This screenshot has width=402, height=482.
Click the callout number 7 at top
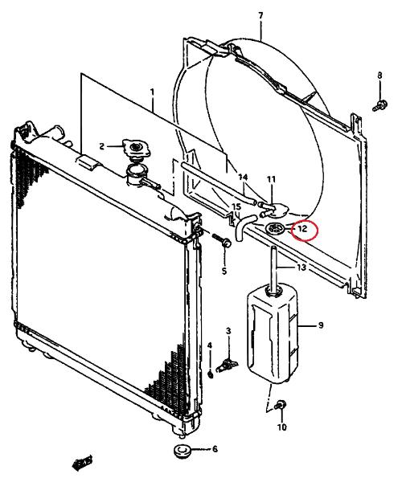click(260, 15)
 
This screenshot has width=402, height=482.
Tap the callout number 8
click(379, 75)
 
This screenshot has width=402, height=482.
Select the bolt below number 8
click(379, 104)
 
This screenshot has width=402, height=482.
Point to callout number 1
click(152, 92)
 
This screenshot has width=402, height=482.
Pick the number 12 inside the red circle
click(302, 228)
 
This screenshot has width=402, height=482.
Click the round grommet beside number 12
click(275, 228)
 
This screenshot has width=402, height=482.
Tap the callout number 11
click(271, 179)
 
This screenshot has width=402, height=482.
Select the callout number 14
click(243, 177)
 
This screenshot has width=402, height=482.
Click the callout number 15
click(236, 206)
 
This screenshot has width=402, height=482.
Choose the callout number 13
click(301, 267)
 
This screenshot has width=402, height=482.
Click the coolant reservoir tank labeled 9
click(273, 334)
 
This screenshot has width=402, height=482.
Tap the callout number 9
click(321, 325)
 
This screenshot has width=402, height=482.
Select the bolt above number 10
click(281, 405)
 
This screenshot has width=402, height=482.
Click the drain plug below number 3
click(228, 365)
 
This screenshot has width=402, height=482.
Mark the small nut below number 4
click(211, 374)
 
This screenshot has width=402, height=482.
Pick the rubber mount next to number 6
click(181, 451)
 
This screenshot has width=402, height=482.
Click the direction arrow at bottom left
click(82, 463)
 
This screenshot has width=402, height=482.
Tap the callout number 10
click(281, 427)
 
